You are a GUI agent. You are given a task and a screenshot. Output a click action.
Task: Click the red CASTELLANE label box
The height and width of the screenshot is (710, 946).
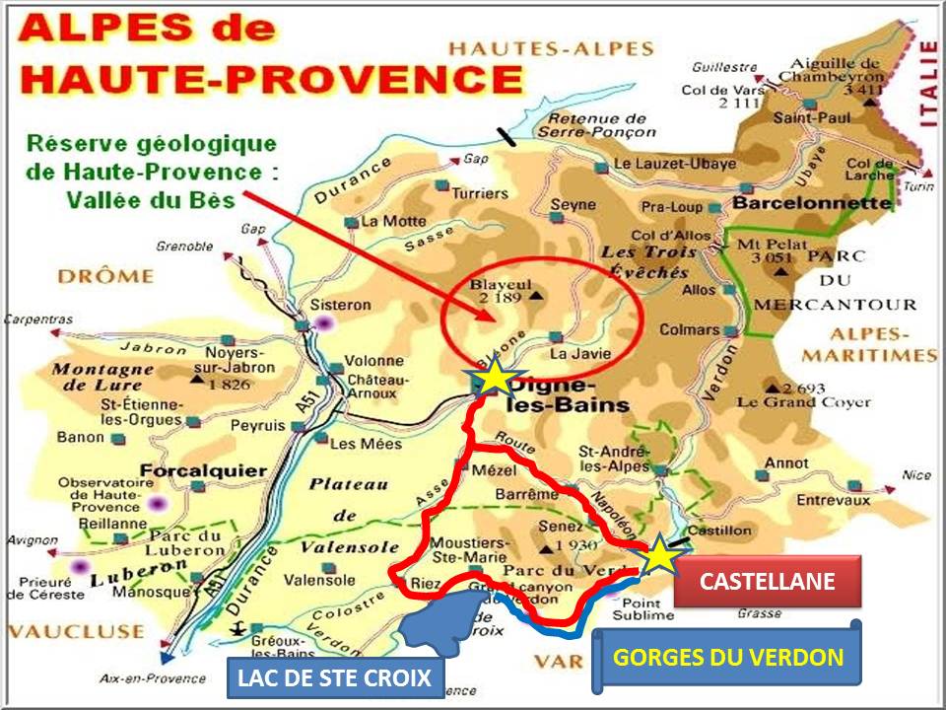[767, 581]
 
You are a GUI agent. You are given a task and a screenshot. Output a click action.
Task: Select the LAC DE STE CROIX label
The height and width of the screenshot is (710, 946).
[335, 677]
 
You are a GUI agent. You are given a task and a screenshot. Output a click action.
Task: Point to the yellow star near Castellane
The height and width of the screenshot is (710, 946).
[660, 557]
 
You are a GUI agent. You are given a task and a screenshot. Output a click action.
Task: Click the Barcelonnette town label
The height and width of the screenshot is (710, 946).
[812, 203]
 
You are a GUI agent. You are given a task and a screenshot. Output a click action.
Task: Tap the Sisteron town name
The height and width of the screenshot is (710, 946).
[340, 305]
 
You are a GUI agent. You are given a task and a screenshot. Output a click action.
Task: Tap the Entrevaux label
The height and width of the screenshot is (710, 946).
[834, 501]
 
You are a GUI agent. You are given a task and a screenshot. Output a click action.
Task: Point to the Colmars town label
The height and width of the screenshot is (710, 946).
[689, 329]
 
